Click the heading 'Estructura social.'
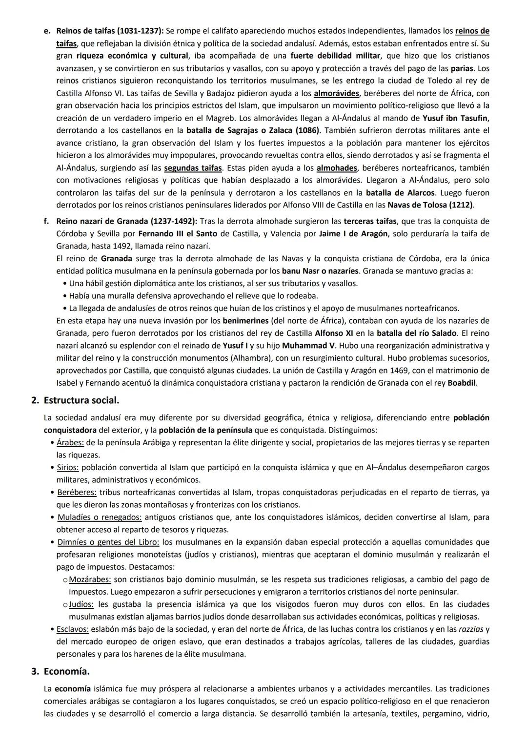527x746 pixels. pos(81,400)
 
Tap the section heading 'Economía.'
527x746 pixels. pos(66,671)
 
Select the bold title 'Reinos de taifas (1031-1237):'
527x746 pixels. pos(110,31)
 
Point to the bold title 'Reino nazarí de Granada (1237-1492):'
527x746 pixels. pos(127,221)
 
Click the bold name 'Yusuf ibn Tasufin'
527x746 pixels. pos(456,118)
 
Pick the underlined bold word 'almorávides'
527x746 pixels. pos(336,93)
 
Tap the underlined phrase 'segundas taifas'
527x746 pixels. pos(193,168)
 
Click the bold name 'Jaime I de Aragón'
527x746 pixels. pos(354,234)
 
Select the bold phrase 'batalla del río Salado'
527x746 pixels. pos(417,333)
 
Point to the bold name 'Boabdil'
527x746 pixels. pos(462,383)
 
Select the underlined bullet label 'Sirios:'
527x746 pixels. pos(68,468)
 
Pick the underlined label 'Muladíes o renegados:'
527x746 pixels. pos(100,517)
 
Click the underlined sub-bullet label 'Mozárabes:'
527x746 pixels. pos(90,580)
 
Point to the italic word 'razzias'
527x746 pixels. pos(471,629)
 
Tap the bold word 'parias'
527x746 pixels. pos(462,68)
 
